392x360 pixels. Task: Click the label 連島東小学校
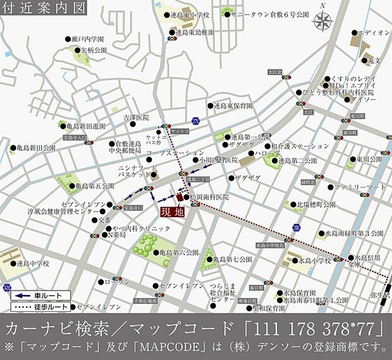click(x=187, y=15)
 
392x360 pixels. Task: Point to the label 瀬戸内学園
click(x=87, y=39)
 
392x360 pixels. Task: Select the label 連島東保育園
click(x=233, y=105)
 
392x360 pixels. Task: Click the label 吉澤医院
click(x=135, y=117)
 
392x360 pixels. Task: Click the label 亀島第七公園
click(x=233, y=259)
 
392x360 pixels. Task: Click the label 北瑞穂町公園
click(x=317, y=205)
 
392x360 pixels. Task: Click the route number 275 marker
click(x=195, y=120)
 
